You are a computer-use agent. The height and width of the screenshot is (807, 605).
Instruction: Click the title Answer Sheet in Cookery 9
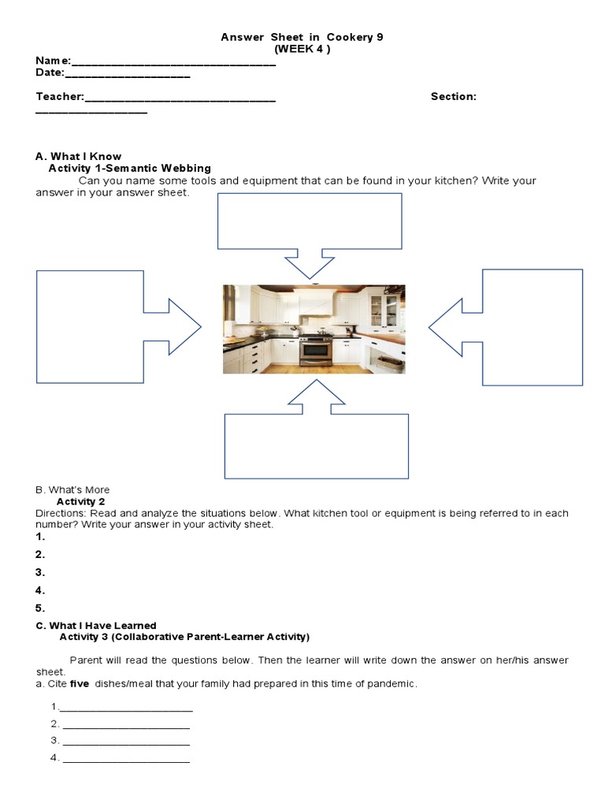pos(302,37)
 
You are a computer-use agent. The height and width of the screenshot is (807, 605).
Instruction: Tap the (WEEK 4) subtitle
pos(302,49)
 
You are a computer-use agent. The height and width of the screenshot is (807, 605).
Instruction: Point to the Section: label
pos(453,96)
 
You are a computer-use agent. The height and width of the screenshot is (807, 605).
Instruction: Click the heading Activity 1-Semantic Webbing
pos(130,168)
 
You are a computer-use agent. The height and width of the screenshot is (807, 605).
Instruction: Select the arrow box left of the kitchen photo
pos(91,326)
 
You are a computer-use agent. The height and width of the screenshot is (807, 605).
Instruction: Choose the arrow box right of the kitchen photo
pos(532,326)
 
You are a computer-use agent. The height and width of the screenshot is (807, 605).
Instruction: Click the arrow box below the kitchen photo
pos(316,444)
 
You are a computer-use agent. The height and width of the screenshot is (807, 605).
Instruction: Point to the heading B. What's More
pos(72,489)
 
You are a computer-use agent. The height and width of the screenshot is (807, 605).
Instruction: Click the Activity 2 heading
pos(81,501)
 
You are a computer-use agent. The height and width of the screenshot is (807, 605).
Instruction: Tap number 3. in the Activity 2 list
pos(40,572)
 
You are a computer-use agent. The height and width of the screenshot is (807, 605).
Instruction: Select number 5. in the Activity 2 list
pos(40,608)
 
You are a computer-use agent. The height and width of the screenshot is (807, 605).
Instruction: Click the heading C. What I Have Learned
pos(96,626)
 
